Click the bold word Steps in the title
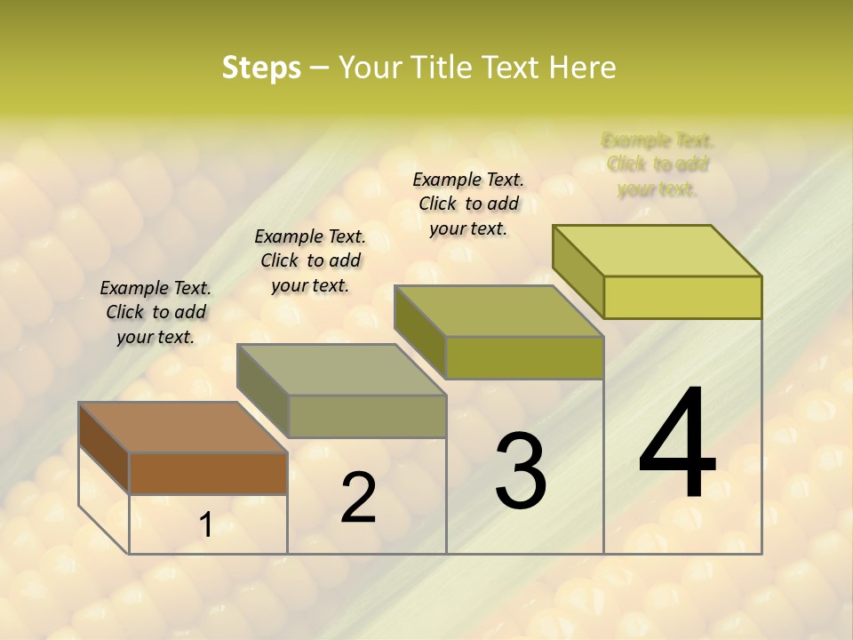tap(261, 68)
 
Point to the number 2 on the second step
tap(358, 498)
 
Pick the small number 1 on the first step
tap(205, 525)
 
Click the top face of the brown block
tap(182, 428)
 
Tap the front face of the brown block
tap(208, 473)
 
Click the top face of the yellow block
tap(658, 250)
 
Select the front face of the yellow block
tap(682, 297)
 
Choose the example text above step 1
tap(155, 312)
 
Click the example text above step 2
tap(310, 260)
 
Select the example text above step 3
tap(468, 204)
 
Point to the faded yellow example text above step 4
tap(658, 164)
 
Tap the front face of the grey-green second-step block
tap(367, 416)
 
